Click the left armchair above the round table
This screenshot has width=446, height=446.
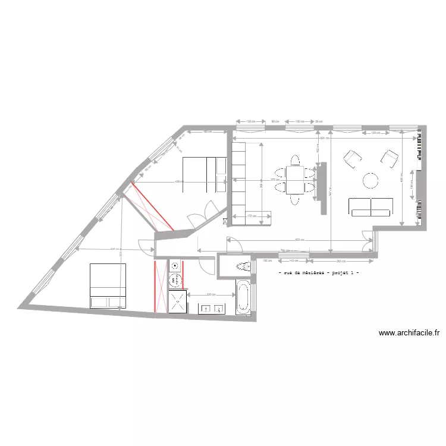click(x=353, y=158)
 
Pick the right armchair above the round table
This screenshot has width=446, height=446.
click(x=390, y=158)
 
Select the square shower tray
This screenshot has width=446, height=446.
click(x=177, y=301)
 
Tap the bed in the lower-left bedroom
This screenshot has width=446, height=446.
click(x=108, y=286)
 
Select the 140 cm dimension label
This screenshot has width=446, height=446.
click(x=293, y=261)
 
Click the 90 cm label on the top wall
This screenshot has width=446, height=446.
click(x=275, y=121)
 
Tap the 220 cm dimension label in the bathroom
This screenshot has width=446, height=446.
click(x=211, y=294)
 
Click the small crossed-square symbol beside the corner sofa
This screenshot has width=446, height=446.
click(x=225, y=221)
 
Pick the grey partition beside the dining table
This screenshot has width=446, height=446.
click(x=323, y=189)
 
